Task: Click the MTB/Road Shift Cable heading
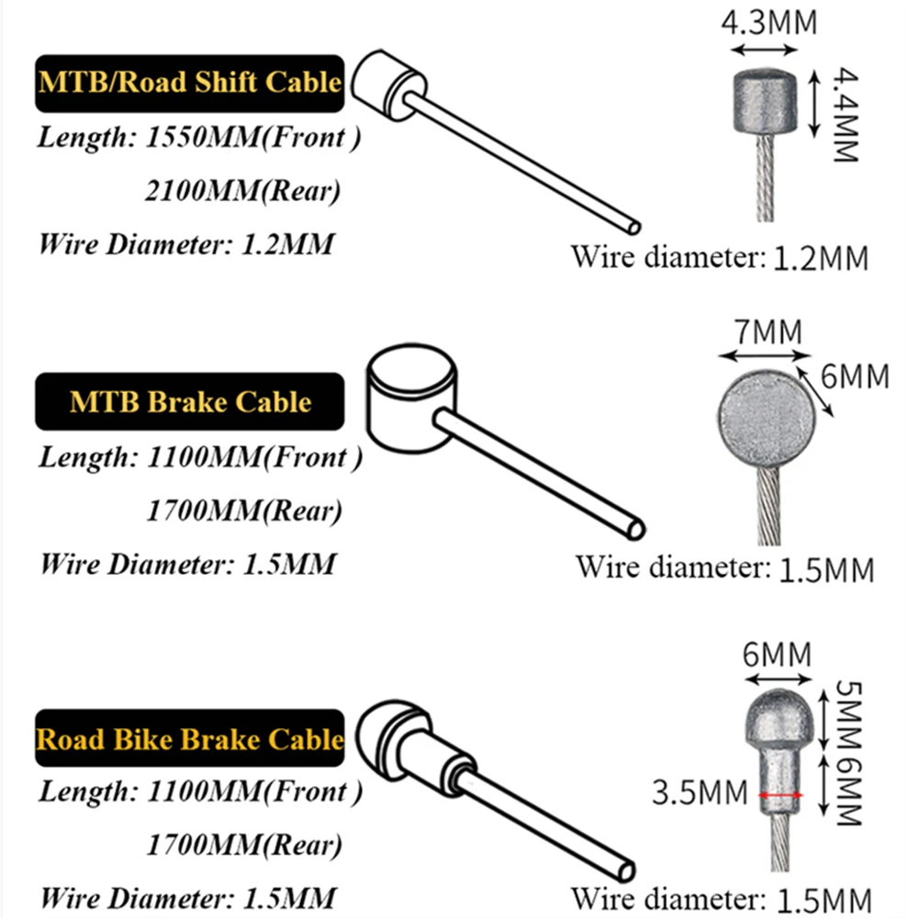pyautogui.click(x=189, y=81)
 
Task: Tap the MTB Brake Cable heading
pyautogui.click(x=189, y=401)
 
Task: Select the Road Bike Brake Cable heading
pyautogui.click(x=189, y=738)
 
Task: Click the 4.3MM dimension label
pyautogui.click(x=768, y=22)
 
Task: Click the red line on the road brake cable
pyautogui.click(x=781, y=794)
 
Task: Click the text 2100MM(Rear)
pyautogui.click(x=242, y=192)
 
